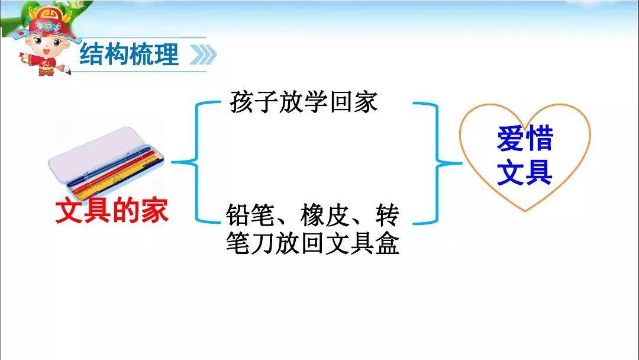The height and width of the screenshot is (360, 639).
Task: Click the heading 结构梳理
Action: tap(129, 55)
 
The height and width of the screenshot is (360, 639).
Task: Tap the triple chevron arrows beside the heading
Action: tap(202, 56)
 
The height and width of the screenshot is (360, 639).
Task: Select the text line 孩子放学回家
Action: tap(303, 102)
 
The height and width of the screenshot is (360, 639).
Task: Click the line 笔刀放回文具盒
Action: tap(312, 243)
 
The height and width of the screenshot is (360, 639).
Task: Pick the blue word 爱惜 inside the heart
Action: tap(524, 140)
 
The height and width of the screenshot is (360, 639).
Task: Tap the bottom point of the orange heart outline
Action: tap(524, 211)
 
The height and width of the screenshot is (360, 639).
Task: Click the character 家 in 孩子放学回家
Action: tap(364, 102)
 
